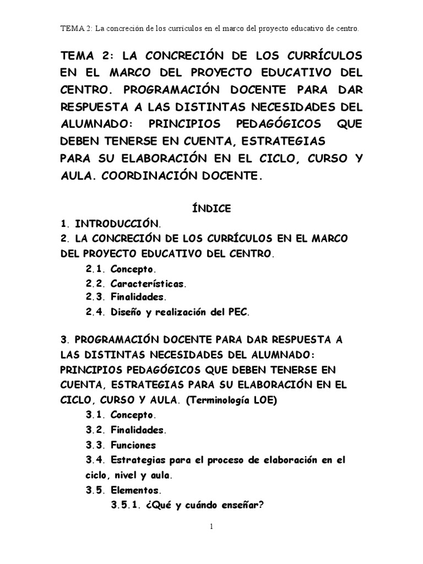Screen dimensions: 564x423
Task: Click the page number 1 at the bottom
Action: coord(211,527)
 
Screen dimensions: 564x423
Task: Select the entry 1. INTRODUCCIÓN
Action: coord(111,224)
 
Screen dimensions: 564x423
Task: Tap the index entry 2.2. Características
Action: coord(137,284)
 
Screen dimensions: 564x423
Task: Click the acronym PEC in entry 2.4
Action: coord(238,312)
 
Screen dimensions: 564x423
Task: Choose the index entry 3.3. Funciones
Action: coord(121,445)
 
